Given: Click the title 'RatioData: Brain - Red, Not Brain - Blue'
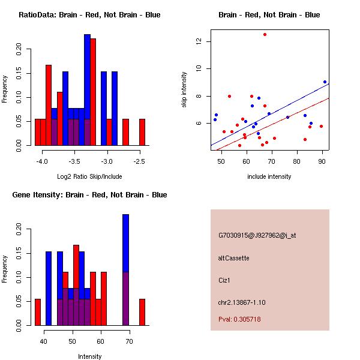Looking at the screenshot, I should pyautogui.click(x=89, y=15).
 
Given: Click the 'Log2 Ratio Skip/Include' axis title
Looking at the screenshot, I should pyautogui.click(x=89, y=176).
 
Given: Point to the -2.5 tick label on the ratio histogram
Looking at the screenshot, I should pyautogui.click(x=139, y=161).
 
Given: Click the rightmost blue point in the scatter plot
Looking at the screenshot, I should pyautogui.click(x=325, y=82).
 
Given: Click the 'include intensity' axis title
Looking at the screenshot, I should pyautogui.click(x=269, y=176).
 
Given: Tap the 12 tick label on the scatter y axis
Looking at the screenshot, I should pyautogui.click(x=197, y=41).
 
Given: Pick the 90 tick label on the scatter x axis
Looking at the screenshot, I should pyautogui.click(x=322, y=161).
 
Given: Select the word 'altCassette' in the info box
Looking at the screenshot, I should pyautogui.click(x=234, y=258).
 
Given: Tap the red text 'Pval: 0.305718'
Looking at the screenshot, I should pyautogui.click(x=239, y=319).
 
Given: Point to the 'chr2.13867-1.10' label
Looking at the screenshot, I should pyautogui.click(x=242, y=302).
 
